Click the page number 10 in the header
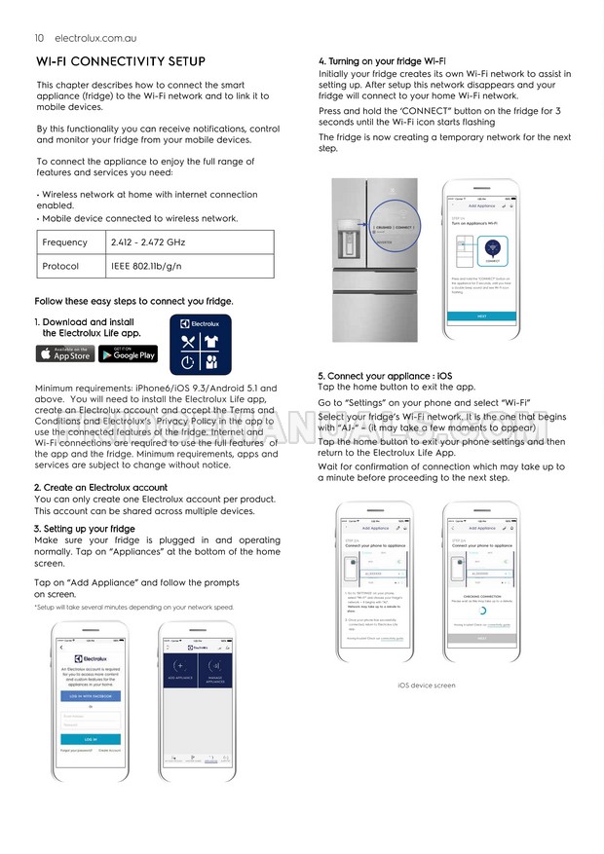39,38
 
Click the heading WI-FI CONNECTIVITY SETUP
120,61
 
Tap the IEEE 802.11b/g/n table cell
146,266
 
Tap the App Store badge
64,354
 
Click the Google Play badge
128,354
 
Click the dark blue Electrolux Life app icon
200,345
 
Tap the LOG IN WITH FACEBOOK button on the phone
91,696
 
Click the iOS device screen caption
426,686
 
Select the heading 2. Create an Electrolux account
100,488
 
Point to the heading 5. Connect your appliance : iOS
384,375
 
